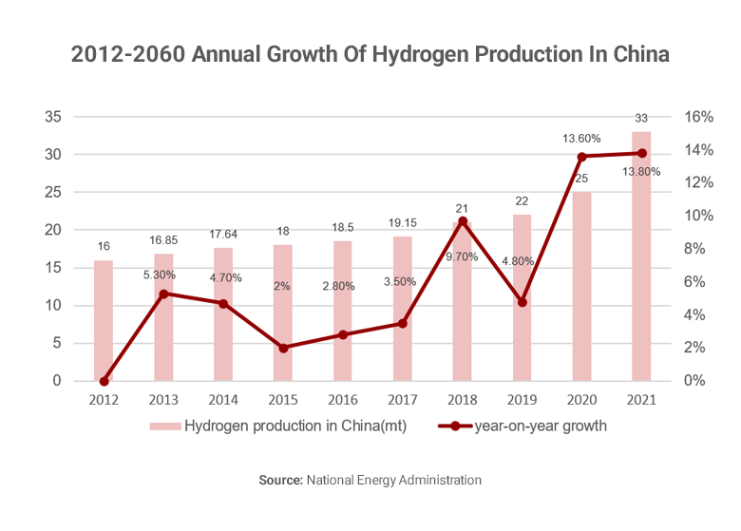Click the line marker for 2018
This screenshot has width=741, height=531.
[x=463, y=221]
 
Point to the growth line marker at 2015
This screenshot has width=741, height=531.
[x=283, y=348]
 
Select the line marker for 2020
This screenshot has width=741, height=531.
[x=582, y=157]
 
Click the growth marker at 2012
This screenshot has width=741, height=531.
[x=104, y=381]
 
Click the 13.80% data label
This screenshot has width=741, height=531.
[x=641, y=172]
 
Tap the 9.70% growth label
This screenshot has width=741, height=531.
[x=463, y=256]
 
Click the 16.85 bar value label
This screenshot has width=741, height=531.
[x=163, y=239]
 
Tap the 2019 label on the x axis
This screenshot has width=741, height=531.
[x=522, y=401]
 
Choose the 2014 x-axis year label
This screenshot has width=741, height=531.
[x=223, y=401]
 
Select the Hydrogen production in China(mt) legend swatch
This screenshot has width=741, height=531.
[x=163, y=427]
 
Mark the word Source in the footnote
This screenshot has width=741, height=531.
[x=280, y=481]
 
